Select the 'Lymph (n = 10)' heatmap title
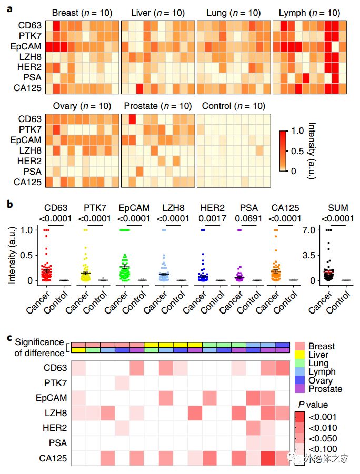(x=309, y=13)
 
